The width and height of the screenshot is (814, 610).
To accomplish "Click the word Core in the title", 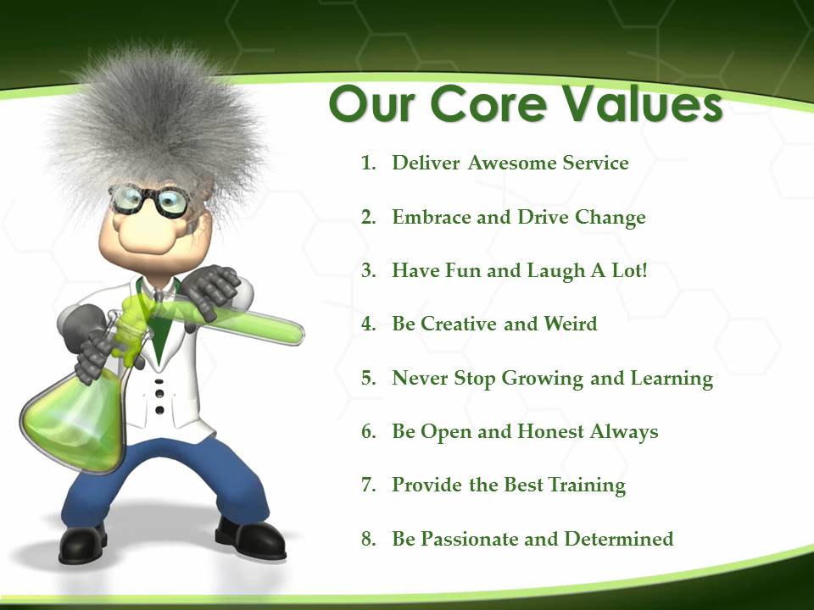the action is [x=489, y=104].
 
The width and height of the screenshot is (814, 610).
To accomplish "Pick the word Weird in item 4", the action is [x=570, y=324].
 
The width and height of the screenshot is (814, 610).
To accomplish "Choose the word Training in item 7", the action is [x=587, y=485].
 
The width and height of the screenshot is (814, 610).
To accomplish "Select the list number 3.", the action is [x=369, y=271].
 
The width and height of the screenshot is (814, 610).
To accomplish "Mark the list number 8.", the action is [x=369, y=539].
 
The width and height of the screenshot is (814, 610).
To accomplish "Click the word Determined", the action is [x=619, y=539].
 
